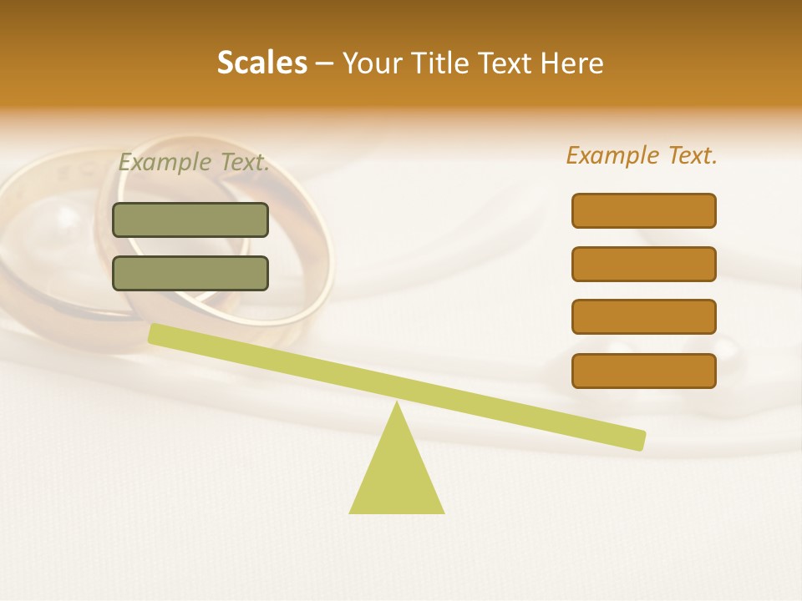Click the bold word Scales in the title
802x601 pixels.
tap(261, 63)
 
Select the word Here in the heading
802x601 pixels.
tap(572, 63)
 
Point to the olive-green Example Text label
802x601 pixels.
tap(194, 163)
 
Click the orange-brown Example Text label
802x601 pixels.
tap(642, 155)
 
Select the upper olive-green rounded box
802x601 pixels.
tap(190, 220)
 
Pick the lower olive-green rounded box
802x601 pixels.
tap(190, 273)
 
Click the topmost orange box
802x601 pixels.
tap(643, 210)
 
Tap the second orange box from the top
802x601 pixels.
tap(643, 264)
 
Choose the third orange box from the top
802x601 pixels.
tap(643, 317)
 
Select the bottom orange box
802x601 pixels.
tap(643, 371)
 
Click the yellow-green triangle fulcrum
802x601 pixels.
tap(397, 476)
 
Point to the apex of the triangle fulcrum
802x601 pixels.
tap(397, 405)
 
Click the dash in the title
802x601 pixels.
tap(324, 63)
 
